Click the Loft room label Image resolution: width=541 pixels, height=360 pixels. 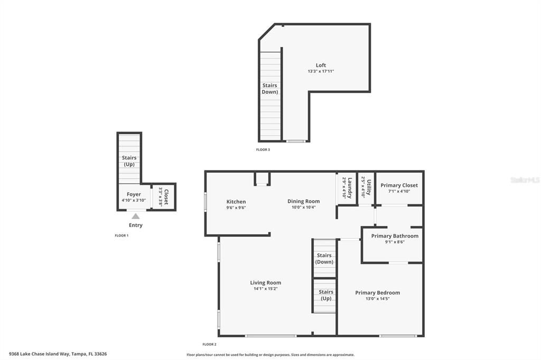tap(321, 65)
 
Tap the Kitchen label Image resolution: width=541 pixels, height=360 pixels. tap(236, 202)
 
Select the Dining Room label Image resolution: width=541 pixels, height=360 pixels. tap(303, 201)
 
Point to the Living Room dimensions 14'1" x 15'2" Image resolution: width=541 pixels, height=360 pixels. tap(265, 289)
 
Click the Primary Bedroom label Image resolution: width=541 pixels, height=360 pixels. tap(377, 293)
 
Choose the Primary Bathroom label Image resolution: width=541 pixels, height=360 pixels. tap(395, 236)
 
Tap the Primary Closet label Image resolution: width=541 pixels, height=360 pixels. tap(399, 185)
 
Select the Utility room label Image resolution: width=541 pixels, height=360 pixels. tap(369, 187)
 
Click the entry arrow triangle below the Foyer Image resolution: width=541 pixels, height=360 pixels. tap(136, 216)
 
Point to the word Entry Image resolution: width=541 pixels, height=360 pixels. tap(136, 225)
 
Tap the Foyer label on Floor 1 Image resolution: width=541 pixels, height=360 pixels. tap(134, 194)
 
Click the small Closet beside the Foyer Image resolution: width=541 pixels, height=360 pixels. tap(164, 196)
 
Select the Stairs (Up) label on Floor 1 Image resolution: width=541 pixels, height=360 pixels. tap(129, 161)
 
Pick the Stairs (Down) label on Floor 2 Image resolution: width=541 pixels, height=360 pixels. tap(324, 259)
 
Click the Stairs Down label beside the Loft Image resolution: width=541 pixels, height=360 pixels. tap(269, 89)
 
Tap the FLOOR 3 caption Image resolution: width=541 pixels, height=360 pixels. tap(263, 150)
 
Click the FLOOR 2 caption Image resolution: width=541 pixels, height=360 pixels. tap(209, 344)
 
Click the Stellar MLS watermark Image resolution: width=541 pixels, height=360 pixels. tap(525, 180)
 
